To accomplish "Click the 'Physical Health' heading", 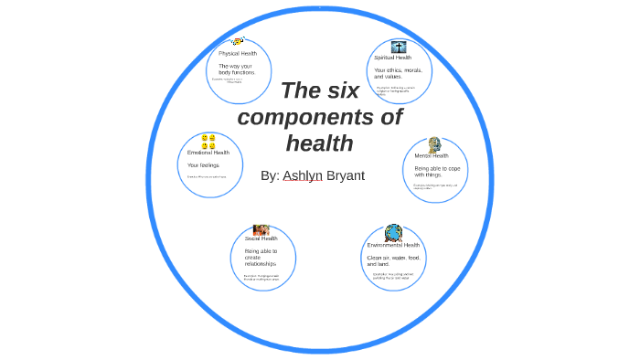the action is [238, 54].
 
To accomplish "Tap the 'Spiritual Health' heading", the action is [392, 58].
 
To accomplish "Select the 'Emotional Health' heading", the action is [208, 153].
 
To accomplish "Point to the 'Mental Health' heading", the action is [432, 156].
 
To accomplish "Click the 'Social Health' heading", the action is [261, 238].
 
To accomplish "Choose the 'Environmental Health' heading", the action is [393, 245].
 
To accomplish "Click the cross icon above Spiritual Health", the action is [399, 46].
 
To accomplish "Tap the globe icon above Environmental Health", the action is [393, 232].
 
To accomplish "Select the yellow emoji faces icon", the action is [208, 142].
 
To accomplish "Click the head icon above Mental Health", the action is [434, 144].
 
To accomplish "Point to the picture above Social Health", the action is [261, 229].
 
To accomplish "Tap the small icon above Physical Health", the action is [238, 42].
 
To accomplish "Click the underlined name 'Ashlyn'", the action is [303, 175].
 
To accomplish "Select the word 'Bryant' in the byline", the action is [346, 175].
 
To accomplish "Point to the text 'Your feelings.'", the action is [204, 165].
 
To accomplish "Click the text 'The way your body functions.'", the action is [237, 69].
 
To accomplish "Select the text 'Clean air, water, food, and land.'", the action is [393, 260].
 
